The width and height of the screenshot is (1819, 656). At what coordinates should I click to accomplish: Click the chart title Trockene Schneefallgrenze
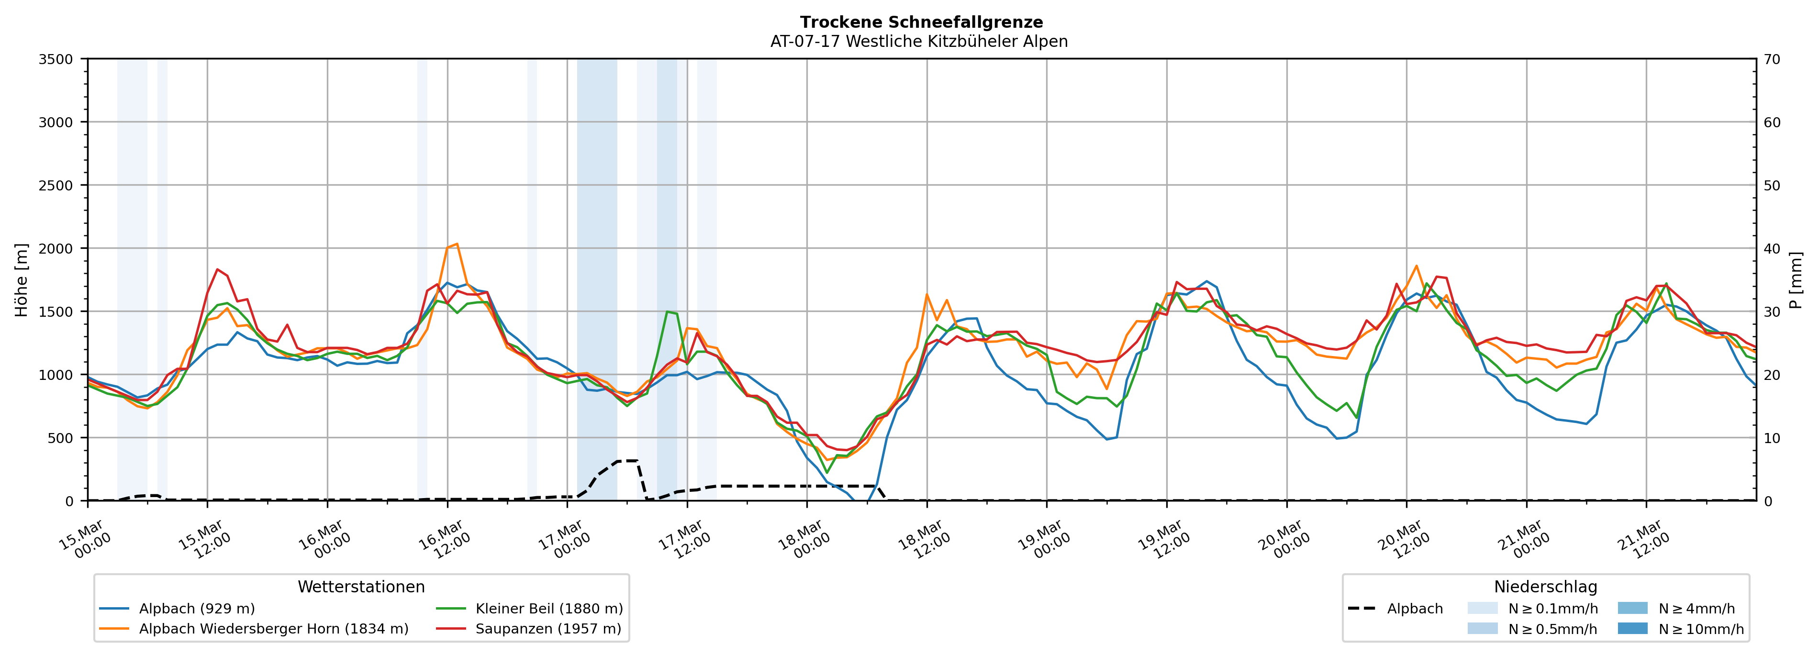point(921,22)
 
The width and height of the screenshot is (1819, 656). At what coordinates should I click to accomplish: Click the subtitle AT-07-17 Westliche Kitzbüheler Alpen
point(919,42)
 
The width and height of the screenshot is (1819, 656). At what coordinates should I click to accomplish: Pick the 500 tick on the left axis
point(60,438)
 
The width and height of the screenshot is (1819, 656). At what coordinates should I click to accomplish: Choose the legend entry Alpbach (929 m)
point(196,609)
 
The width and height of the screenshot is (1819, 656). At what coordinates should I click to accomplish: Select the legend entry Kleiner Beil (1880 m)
point(548,609)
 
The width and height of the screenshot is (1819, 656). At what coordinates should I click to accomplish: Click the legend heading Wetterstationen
point(361,587)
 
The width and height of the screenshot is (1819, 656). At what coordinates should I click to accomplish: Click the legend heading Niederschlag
point(1545,587)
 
